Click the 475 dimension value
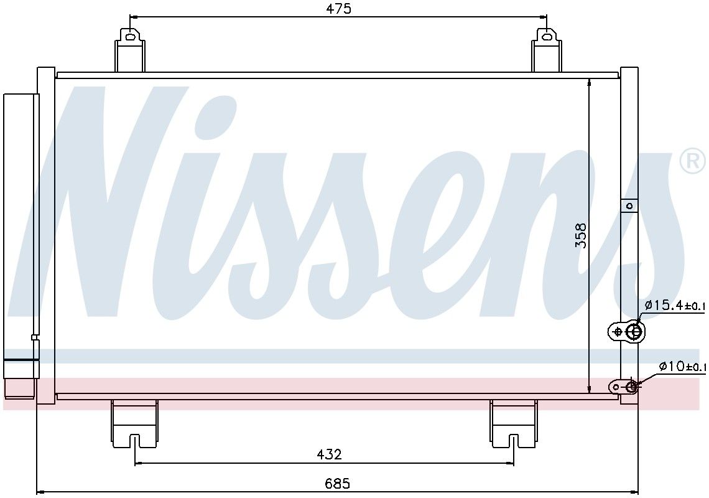coord(339,9)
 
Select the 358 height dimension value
coord(581,235)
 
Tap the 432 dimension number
coord(329,454)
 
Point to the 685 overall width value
coord(337,484)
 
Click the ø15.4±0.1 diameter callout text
coord(675,306)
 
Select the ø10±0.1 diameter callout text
coord(682,366)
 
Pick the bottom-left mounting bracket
coord(134,423)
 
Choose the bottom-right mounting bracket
coord(513,423)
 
